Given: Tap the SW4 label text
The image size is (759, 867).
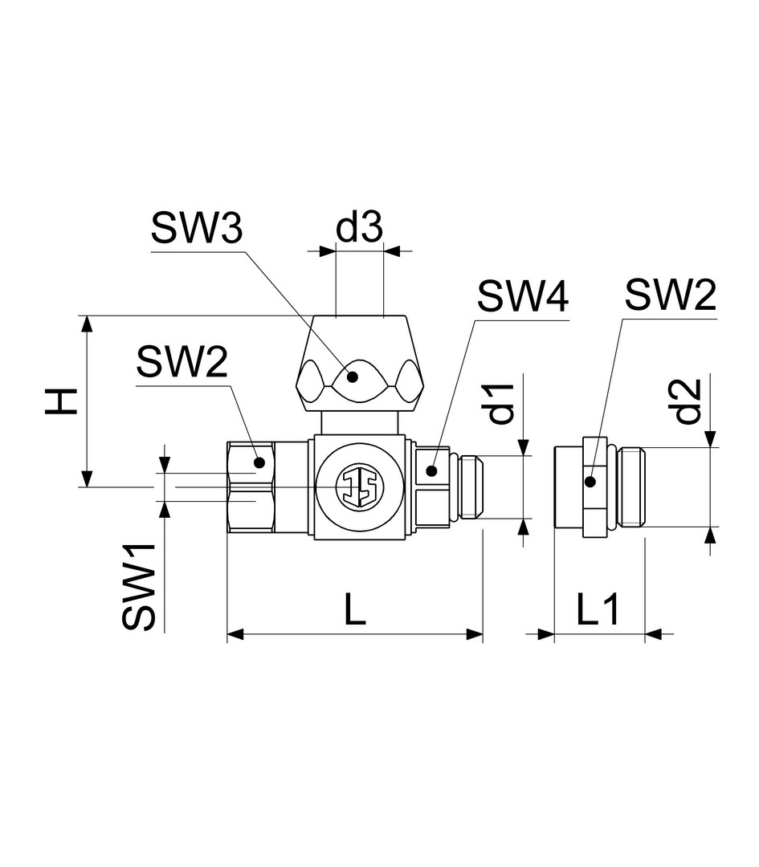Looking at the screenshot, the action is [x=523, y=296].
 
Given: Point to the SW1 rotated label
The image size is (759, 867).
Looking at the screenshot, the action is [x=138, y=586].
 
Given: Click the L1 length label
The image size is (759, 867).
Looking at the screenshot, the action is [x=599, y=609].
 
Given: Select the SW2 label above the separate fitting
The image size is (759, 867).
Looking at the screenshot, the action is [x=671, y=295].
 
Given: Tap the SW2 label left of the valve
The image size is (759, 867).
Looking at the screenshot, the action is [x=182, y=362].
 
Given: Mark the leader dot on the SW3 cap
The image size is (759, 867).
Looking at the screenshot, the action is [x=352, y=377].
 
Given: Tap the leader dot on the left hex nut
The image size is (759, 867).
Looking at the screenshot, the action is [x=259, y=462].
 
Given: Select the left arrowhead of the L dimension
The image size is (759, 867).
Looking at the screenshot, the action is [x=235, y=634].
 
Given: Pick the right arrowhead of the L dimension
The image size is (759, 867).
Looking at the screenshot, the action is [x=475, y=634].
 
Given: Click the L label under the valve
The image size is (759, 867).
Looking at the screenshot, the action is [x=355, y=609].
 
